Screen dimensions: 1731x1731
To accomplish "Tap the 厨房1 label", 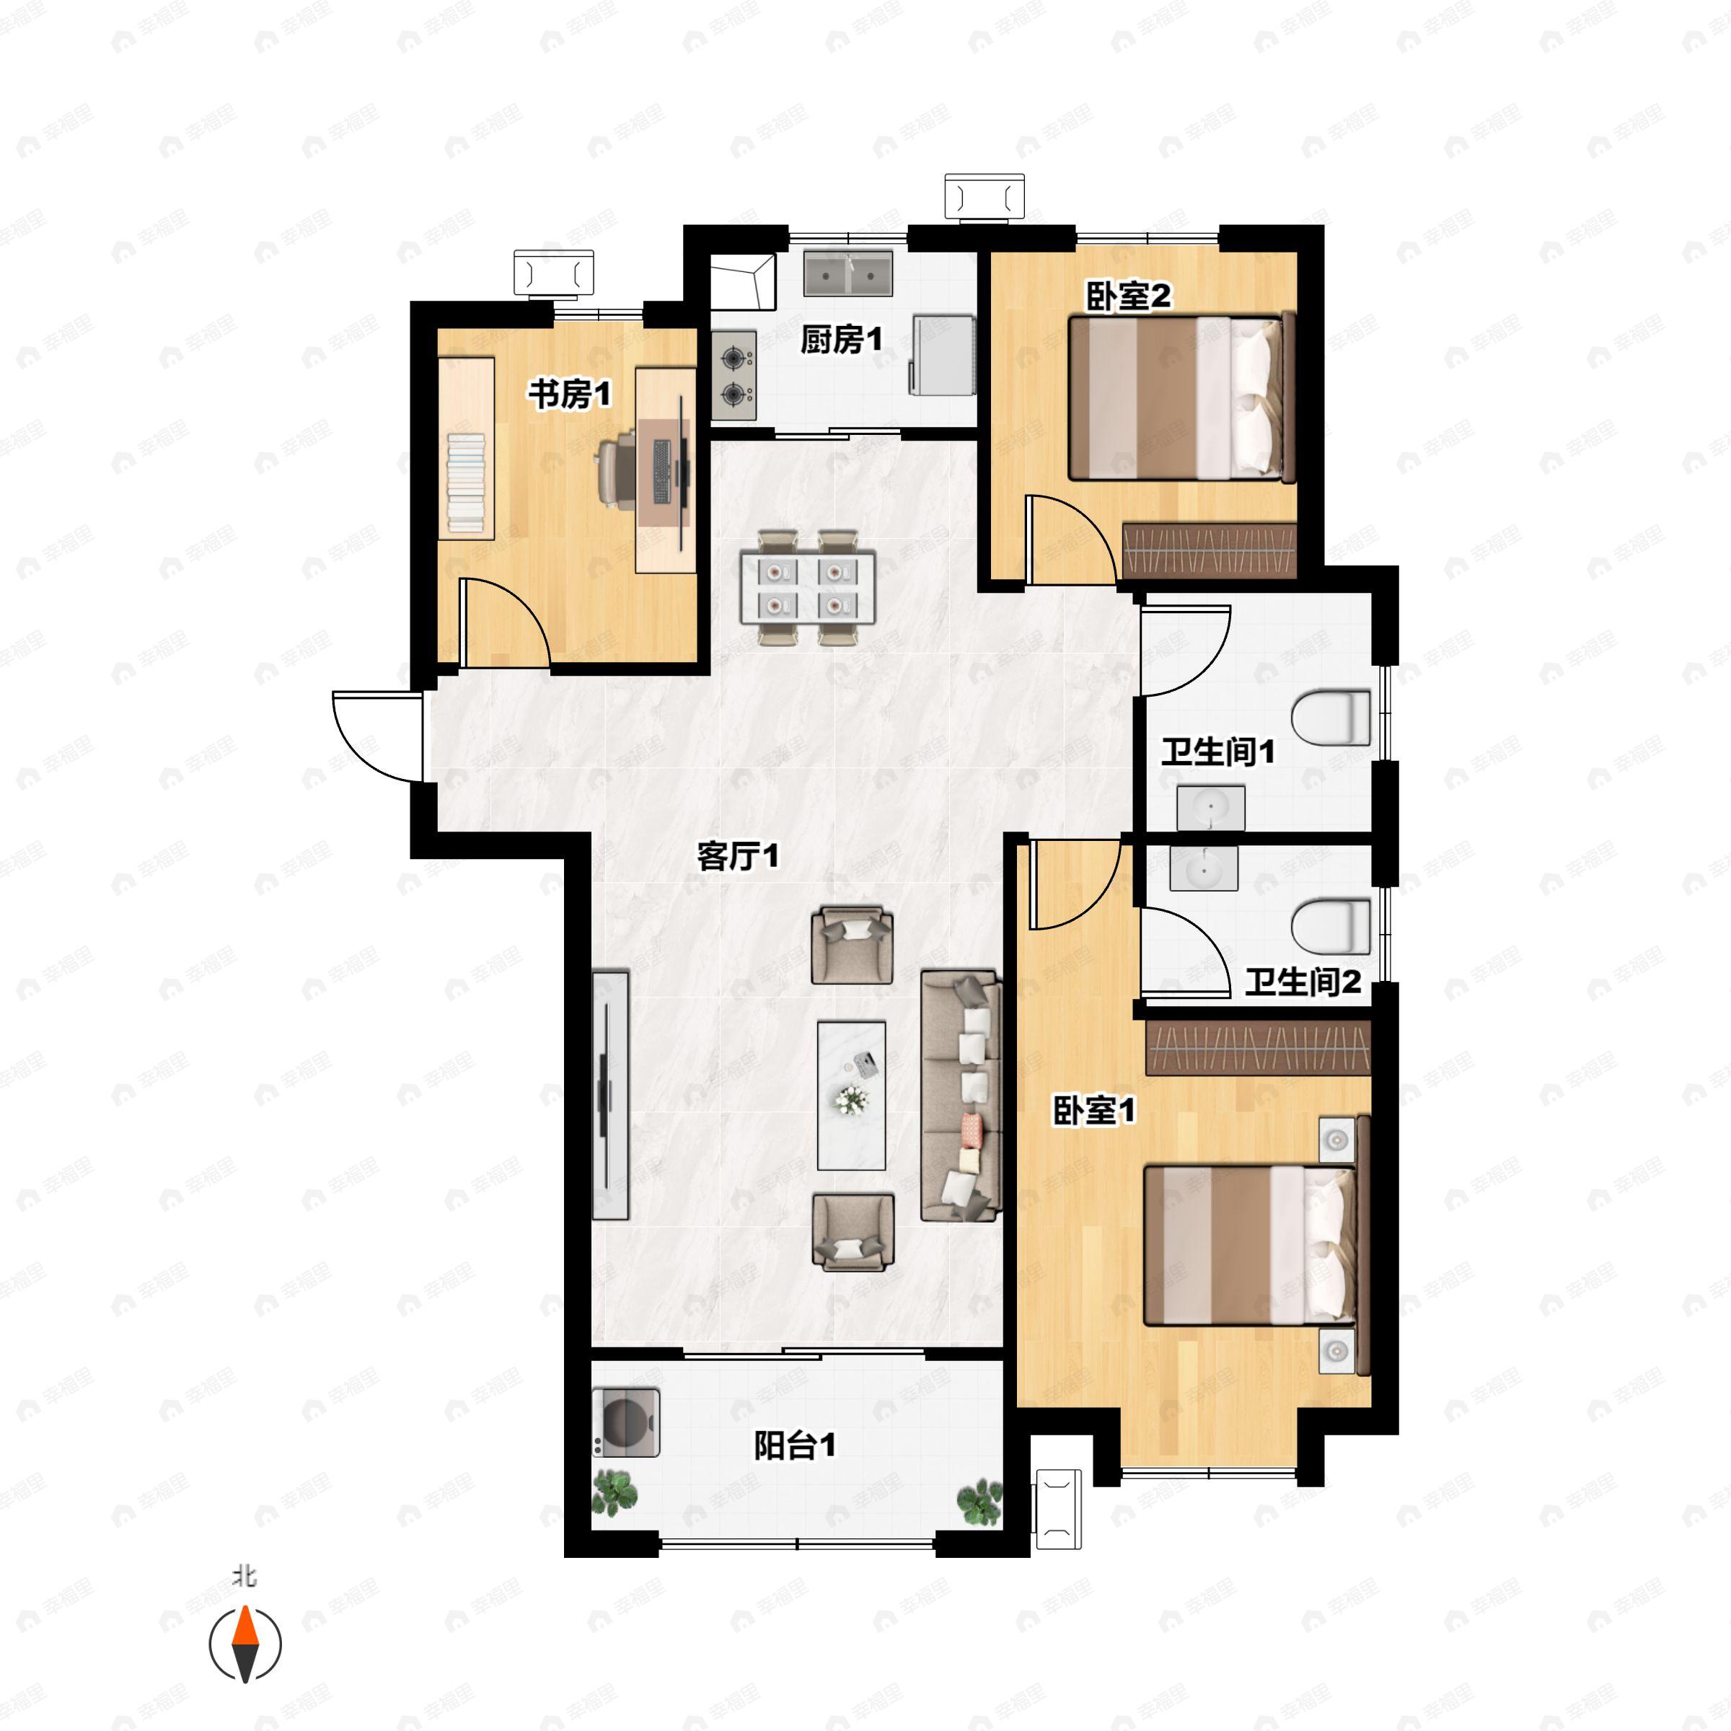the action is coord(841,340).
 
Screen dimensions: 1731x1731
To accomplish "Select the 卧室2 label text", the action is coord(1128,296).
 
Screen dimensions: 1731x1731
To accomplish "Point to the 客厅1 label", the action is coord(739,857).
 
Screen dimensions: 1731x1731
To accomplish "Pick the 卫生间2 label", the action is coord(1303,983).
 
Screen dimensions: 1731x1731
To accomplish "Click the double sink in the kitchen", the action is coord(847,273).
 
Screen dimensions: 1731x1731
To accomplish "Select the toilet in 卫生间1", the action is coord(1331,717).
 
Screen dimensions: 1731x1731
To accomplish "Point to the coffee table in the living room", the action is coord(851,1096).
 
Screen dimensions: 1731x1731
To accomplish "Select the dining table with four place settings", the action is coord(807,588).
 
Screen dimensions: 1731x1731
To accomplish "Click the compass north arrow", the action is coord(245,1644).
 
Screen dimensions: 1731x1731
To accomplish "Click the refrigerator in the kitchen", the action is coord(942,355).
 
